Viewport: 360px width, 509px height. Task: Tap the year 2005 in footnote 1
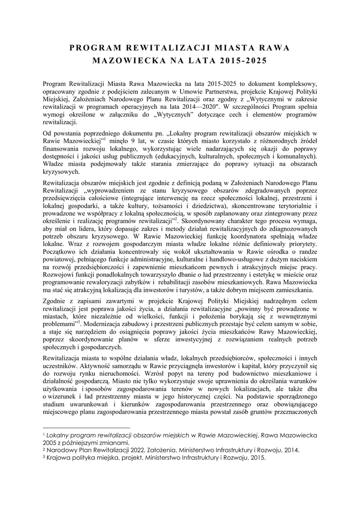tap(51, 443)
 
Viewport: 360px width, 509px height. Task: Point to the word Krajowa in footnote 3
tap(59, 458)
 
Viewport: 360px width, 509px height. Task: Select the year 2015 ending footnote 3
tap(256, 458)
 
